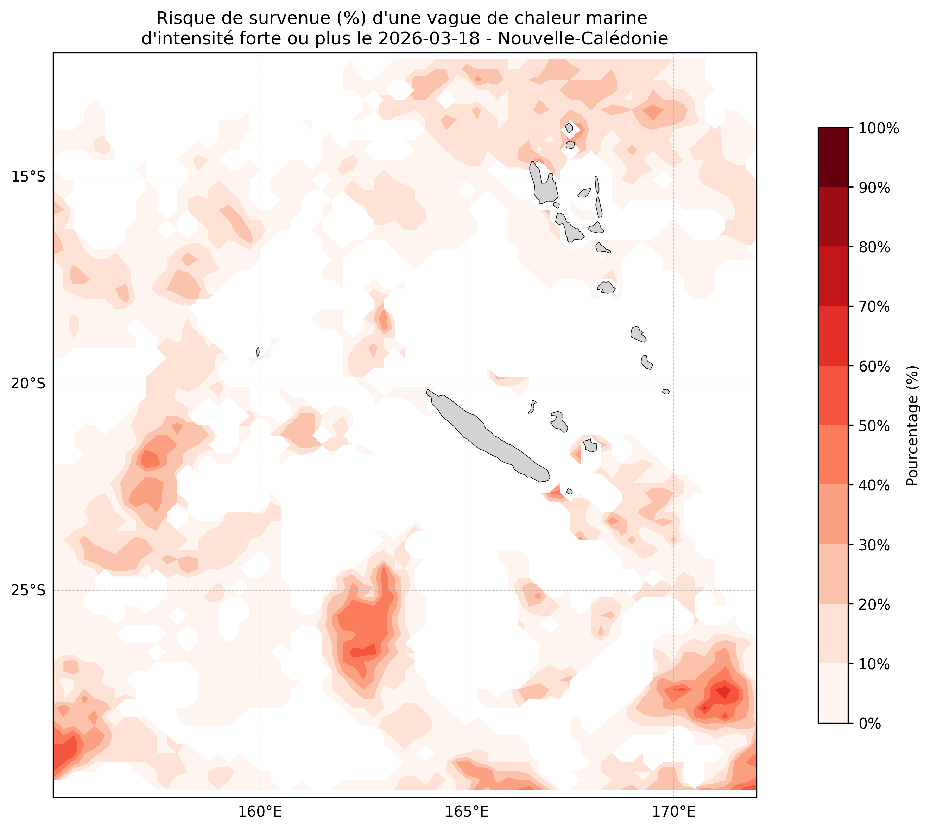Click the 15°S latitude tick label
[28, 177]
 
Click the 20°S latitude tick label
[28, 384]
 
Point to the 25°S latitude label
[28, 591]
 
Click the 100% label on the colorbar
[879, 129]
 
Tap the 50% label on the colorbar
[874, 426]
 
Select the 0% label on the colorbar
[869, 723]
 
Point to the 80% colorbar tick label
[874, 248]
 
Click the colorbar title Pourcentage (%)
[912, 425]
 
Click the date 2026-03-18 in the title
[429, 39]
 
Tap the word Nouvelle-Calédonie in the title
[583, 39]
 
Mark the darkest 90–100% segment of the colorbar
[833, 157]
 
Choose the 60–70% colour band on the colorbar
[833, 336]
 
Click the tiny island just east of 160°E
[258, 351]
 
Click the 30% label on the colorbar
[874, 545]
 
